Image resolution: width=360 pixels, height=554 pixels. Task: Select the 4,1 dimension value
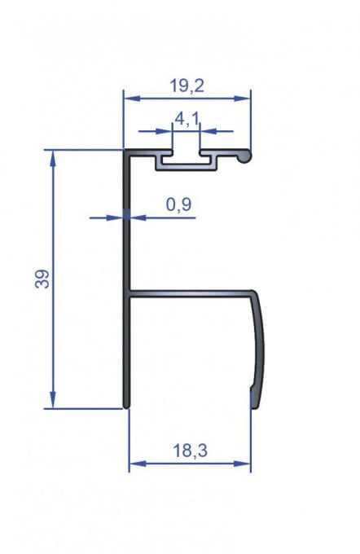187,119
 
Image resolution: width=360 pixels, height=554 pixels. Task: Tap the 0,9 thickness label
179,205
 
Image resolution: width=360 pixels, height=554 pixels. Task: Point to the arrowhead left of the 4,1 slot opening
166,130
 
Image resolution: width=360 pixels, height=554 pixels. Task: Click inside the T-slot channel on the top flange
187,160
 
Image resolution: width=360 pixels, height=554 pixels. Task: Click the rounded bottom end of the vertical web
127,403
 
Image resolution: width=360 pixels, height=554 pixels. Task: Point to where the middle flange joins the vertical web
129,293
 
